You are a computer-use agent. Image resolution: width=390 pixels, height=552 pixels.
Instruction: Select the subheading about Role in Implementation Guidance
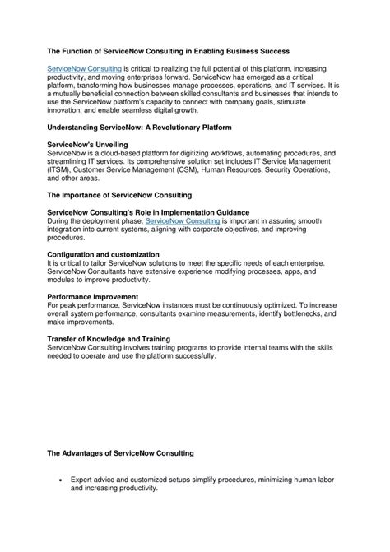(x=148, y=212)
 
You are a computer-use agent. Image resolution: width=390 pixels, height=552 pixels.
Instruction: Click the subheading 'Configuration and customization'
(x=103, y=254)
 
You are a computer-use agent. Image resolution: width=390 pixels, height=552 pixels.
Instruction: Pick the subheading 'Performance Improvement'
(x=91, y=296)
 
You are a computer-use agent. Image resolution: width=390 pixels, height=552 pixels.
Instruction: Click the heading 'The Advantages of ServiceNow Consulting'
(x=120, y=452)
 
